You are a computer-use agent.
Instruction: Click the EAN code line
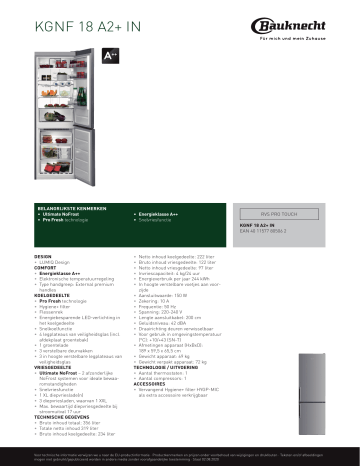(x=272, y=231)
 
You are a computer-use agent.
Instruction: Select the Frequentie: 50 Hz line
(x=160, y=308)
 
